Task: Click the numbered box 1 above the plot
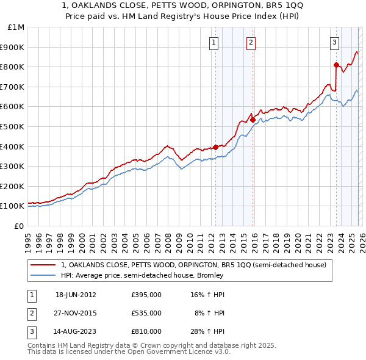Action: [x=215, y=42]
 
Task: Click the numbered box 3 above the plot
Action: [x=335, y=42]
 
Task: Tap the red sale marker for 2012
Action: [x=215, y=147]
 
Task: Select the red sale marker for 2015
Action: [x=253, y=120]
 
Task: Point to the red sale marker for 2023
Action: [x=336, y=65]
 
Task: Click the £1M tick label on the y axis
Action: [x=16, y=27]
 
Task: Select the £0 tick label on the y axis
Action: [x=18, y=226]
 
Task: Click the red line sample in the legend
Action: [x=43, y=265]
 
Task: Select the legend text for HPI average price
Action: [x=142, y=275]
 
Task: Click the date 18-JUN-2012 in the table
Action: [x=76, y=295]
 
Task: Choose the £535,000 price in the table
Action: [x=146, y=313]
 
